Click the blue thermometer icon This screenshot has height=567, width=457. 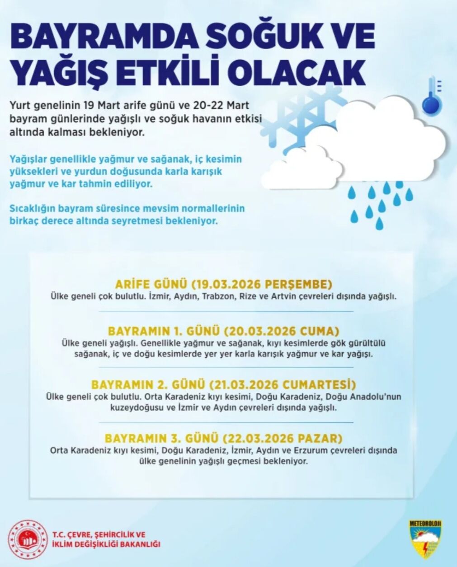pyautogui.click(x=431, y=96)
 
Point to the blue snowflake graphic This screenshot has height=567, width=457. pyautogui.click(x=307, y=117)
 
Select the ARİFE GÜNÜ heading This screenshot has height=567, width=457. pyautogui.click(x=151, y=284)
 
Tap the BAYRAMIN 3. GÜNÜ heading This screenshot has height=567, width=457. pyautogui.click(x=161, y=438)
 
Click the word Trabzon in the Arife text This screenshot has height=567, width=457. pyautogui.click(x=218, y=297)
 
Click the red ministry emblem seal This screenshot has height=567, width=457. pyautogui.click(x=28, y=540)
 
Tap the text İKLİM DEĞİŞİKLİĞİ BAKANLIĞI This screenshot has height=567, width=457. pyautogui.click(x=106, y=544)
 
